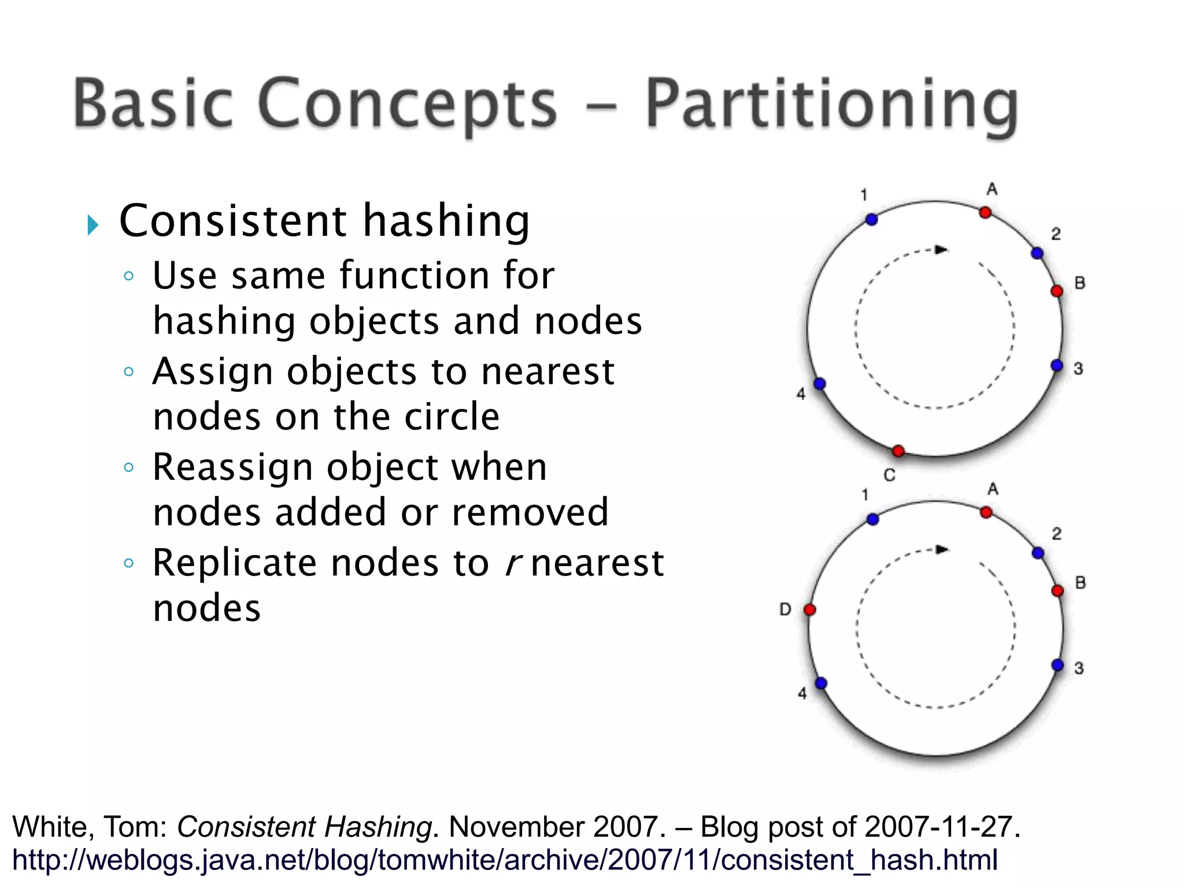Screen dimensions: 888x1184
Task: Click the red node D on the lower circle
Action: click(810, 609)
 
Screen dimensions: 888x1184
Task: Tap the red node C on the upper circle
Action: click(898, 451)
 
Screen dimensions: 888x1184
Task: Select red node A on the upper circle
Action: click(985, 213)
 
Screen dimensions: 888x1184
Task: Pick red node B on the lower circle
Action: click(1057, 590)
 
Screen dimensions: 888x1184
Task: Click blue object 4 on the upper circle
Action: click(819, 384)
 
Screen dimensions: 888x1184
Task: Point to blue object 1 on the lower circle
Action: click(873, 519)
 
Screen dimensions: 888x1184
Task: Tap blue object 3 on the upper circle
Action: click(1057, 365)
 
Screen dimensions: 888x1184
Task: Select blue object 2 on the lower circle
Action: click(1038, 553)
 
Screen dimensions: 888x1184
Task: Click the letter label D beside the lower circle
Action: click(785, 609)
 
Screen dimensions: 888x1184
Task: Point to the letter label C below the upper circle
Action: click(889, 475)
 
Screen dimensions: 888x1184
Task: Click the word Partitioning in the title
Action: click(831, 105)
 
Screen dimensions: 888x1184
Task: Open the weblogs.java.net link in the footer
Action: click(505, 860)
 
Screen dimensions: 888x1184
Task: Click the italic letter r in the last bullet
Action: click(511, 563)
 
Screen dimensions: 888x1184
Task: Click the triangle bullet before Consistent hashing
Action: click(93, 225)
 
